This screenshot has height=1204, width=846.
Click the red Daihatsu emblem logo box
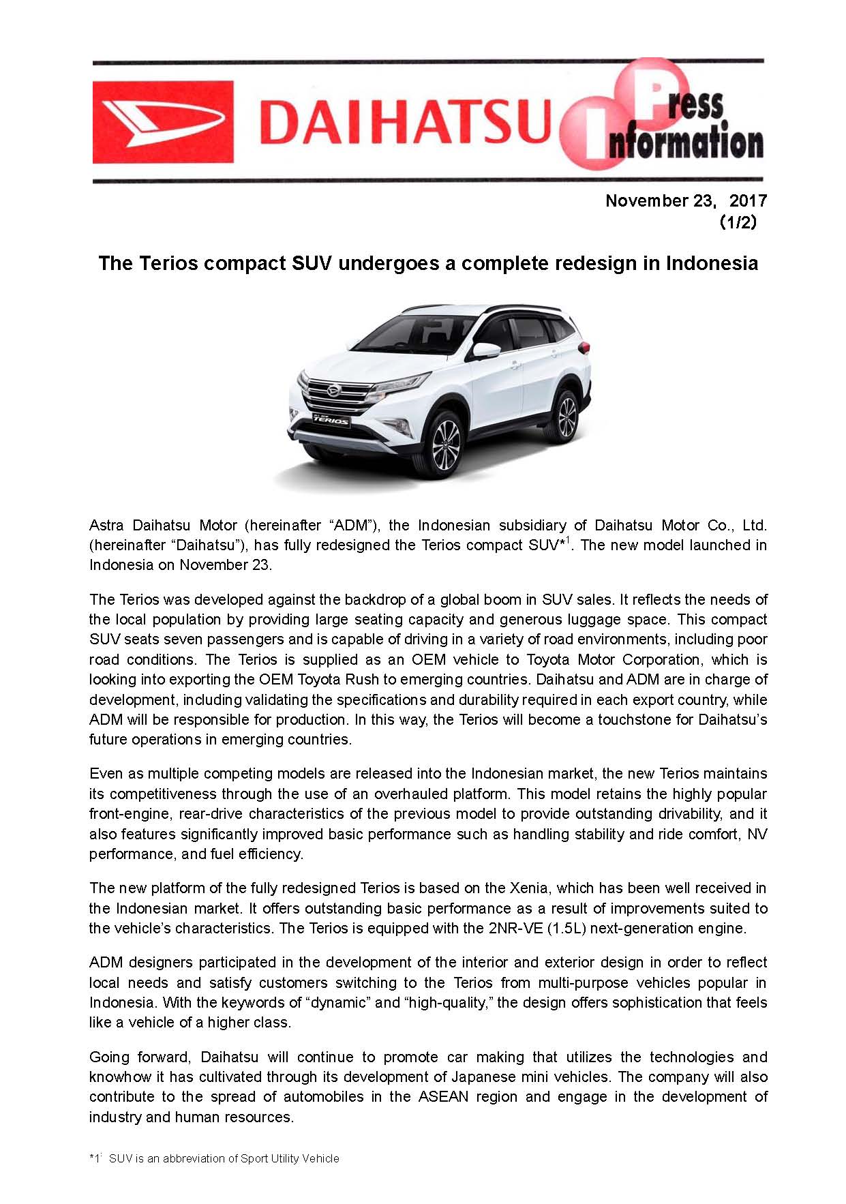[x=162, y=122]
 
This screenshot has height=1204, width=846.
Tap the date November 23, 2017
[x=686, y=200]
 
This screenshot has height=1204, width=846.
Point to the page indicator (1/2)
[x=738, y=222]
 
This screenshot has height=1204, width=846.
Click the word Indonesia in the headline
[x=712, y=263]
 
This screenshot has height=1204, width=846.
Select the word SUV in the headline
[x=312, y=263]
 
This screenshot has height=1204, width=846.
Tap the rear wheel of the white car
[x=567, y=417]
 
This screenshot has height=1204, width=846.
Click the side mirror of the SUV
[x=485, y=350]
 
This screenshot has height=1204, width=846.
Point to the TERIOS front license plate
[x=330, y=420]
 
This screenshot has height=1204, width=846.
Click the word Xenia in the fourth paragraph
[x=526, y=888]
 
